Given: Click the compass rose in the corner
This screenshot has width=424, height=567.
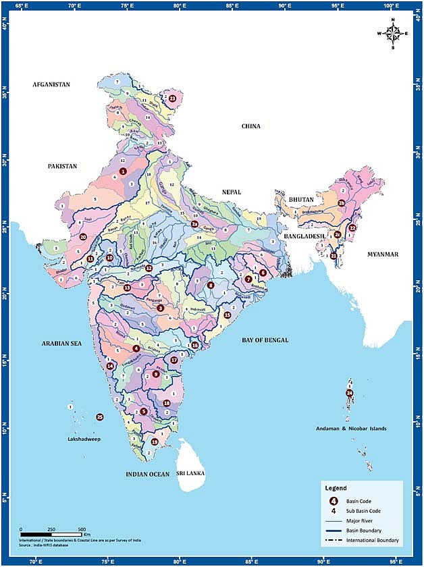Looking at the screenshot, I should coord(392,33).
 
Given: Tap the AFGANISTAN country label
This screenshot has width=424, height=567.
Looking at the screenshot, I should coord(51,84).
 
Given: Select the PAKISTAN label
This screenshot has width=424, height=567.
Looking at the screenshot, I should coord(62,165).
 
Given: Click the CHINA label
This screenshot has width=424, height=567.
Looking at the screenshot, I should coord(251,126).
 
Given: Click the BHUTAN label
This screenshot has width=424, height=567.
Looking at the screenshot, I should coord(298,200).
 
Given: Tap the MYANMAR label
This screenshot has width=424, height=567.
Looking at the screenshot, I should coord(383,254).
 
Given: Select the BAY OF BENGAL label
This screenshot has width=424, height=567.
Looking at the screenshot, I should coord(265,340).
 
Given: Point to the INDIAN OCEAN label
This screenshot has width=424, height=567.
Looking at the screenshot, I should coord(147,475).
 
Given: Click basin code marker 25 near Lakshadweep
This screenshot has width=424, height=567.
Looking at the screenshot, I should coord(100,417).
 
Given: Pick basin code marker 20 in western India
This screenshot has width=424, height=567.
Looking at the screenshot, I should coord(83,237).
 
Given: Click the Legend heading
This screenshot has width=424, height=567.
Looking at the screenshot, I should coord(336,487).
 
